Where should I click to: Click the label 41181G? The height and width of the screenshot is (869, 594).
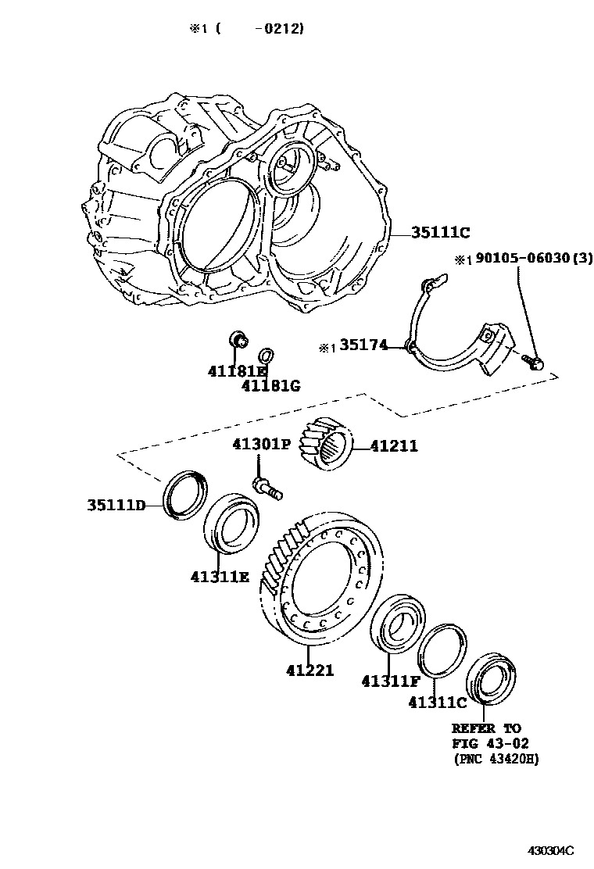(271, 385)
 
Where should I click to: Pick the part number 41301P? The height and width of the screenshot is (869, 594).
(261, 445)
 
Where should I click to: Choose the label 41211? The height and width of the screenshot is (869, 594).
(394, 446)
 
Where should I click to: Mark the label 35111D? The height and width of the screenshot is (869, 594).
(116, 505)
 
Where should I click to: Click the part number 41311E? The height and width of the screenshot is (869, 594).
(220, 577)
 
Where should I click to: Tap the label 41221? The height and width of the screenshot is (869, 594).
(310, 670)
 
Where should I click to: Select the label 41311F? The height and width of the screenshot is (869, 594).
(392, 681)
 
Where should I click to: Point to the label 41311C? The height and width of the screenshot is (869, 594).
(438, 702)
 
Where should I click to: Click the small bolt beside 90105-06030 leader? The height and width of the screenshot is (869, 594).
(535, 362)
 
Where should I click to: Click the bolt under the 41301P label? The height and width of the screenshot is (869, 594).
(267, 486)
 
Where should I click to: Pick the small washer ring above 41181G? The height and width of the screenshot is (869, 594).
(266, 354)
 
